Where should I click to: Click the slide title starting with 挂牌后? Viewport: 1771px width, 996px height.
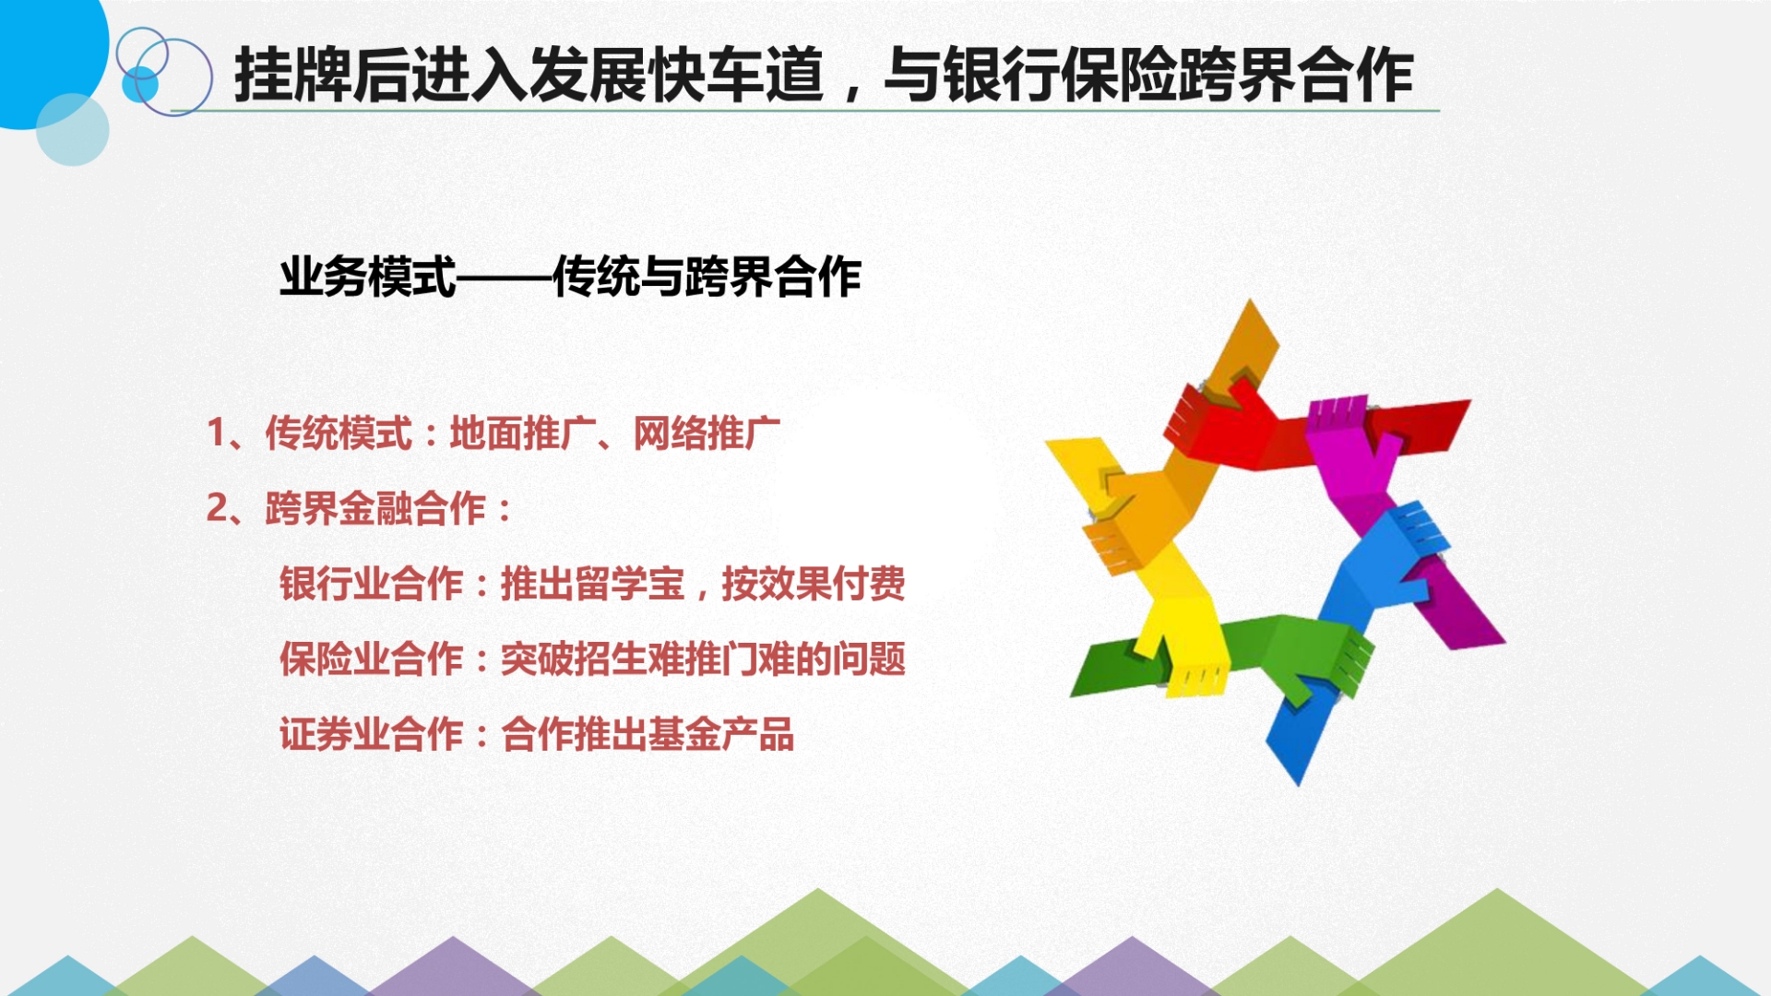(824, 75)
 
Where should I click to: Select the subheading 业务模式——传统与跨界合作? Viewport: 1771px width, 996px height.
(570, 277)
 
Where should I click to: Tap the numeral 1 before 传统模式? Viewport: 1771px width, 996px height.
(217, 433)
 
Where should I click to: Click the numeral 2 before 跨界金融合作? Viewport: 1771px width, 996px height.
(218, 508)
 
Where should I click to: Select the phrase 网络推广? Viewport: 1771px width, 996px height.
(707, 433)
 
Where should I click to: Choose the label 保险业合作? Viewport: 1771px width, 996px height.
(371, 659)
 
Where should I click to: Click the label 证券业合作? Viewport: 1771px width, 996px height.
(371, 735)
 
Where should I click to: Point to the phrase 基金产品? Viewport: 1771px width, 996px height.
(721, 735)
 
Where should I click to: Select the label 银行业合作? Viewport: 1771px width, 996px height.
(371, 584)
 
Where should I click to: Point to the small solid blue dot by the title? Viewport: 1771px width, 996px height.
(140, 84)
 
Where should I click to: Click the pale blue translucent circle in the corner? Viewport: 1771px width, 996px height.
(72, 129)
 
